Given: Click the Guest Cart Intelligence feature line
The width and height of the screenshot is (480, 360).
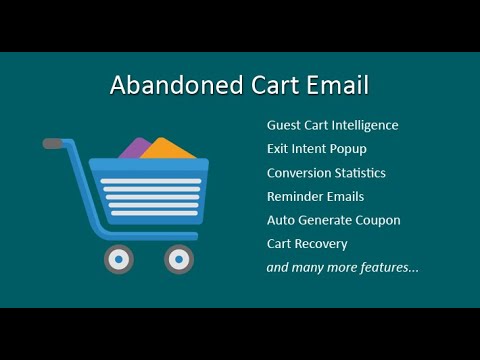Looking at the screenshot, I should click(332, 125).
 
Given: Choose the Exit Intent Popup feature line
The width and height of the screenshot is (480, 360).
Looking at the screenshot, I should click(316, 149).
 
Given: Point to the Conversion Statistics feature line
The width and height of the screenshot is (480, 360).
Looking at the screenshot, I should click(326, 173).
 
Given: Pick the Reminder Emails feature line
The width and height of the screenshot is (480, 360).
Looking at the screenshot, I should click(315, 197).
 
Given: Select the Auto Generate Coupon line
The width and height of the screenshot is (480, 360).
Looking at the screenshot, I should click(333, 220).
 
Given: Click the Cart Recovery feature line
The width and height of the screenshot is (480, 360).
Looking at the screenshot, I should click(306, 243).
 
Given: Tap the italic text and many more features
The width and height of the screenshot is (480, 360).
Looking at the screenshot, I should click(342, 267).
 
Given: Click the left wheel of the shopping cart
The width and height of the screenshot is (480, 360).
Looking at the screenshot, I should click(119, 259).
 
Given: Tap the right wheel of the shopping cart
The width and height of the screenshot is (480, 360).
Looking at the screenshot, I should click(179, 259).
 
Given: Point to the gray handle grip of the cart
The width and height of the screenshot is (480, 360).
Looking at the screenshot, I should click(53, 144).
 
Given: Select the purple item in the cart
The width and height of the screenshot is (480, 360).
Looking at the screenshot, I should click(134, 149).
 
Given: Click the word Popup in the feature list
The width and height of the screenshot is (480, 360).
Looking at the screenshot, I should click(347, 149).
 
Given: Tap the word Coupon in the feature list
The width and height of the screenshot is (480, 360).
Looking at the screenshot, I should click(377, 220).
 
